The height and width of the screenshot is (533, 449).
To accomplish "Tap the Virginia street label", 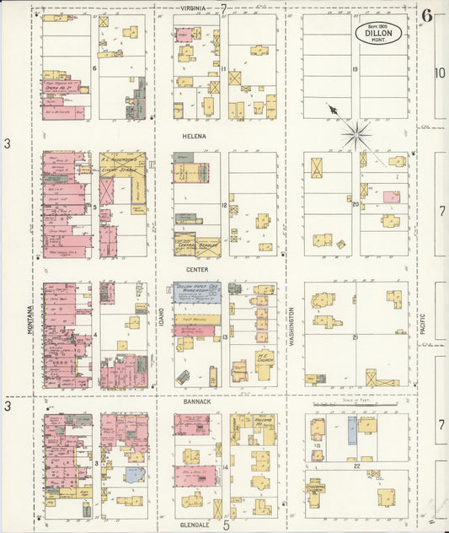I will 195,8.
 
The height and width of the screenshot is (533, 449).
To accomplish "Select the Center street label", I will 197,270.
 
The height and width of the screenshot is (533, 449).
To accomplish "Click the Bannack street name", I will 198,402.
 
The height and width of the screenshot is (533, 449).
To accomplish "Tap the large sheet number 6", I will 428,14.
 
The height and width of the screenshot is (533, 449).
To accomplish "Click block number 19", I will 355,70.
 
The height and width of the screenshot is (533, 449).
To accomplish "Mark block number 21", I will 355,337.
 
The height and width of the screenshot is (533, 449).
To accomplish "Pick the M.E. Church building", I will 265,358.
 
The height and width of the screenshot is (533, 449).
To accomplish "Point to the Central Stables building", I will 197,244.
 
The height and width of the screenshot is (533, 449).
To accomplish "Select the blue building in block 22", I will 352,430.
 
